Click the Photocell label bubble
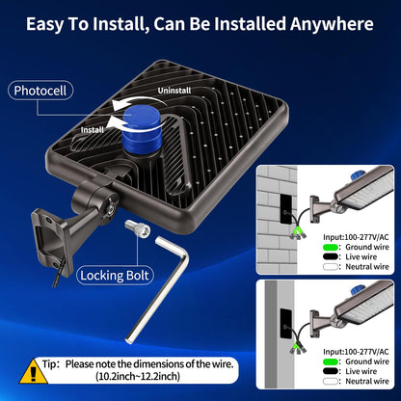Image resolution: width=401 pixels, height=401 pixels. click(40, 91)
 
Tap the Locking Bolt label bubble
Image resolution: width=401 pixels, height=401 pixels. click(115, 276)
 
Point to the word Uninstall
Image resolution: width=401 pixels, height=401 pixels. click(174, 91)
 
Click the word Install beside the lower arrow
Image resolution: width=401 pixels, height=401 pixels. click(93, 130)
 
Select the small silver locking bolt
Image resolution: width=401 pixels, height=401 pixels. click(137, 227)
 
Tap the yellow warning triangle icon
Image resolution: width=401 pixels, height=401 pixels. click(33, 371)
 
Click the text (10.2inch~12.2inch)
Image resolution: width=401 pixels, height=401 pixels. click(138, 376)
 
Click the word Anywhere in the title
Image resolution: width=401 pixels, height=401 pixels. click(332, 24)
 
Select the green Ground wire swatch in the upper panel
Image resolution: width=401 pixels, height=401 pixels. click(331, 247)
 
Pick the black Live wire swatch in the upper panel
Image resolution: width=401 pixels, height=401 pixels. click(331, 256)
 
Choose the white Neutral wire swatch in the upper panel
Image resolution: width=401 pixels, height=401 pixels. click(331, 267)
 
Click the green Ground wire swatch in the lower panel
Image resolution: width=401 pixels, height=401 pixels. click(331, 361)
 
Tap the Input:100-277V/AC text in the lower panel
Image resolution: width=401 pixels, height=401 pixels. click(356, 352)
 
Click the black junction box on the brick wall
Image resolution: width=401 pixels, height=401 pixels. click(286, 209)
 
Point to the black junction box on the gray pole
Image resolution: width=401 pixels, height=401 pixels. click(286, 324)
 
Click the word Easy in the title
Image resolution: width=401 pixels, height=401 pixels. click(46, 24)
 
